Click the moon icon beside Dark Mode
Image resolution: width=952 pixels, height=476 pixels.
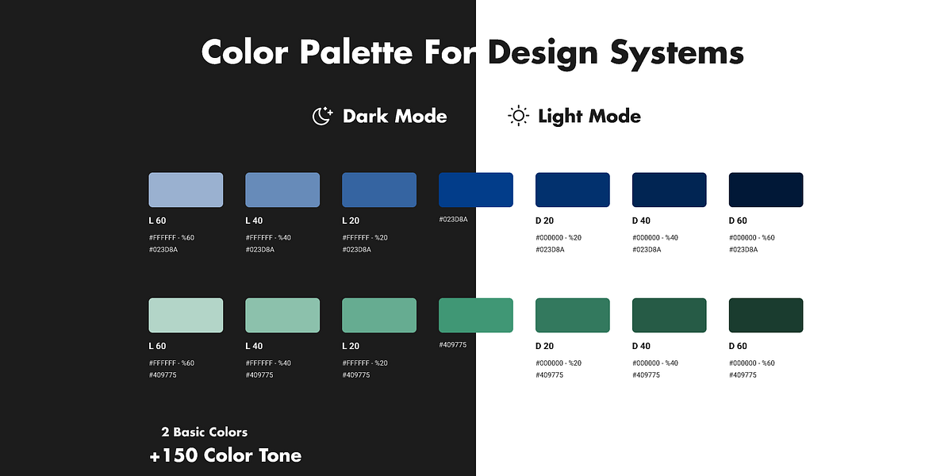point(322,117)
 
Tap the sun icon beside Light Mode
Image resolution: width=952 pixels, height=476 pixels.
point(518,117)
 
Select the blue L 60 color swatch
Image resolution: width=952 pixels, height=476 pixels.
point(186,190)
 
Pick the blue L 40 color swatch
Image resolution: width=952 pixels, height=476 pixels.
point(282,190)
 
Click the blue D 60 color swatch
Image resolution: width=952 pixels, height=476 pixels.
point(766,190)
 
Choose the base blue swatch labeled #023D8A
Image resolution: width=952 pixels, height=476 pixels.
point(476,190)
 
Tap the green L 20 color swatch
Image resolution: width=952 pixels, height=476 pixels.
point(379,315)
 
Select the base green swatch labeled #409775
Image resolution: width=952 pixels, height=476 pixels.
point(476,315)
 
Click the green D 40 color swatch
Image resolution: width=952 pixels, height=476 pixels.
point(669,315)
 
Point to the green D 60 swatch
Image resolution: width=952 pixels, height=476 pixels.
point(766,315)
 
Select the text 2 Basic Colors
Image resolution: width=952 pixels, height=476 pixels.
point(204,432)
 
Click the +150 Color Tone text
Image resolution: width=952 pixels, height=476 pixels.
point(225,455)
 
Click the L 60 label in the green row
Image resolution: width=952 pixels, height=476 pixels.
point(157,346)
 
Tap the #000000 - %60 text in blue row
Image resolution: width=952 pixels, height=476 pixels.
point(751,237)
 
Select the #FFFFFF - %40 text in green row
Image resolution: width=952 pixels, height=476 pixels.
point(268,363)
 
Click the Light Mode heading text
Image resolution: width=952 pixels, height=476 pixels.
point(589,117)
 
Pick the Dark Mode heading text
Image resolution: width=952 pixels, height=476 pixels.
point(394,117)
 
